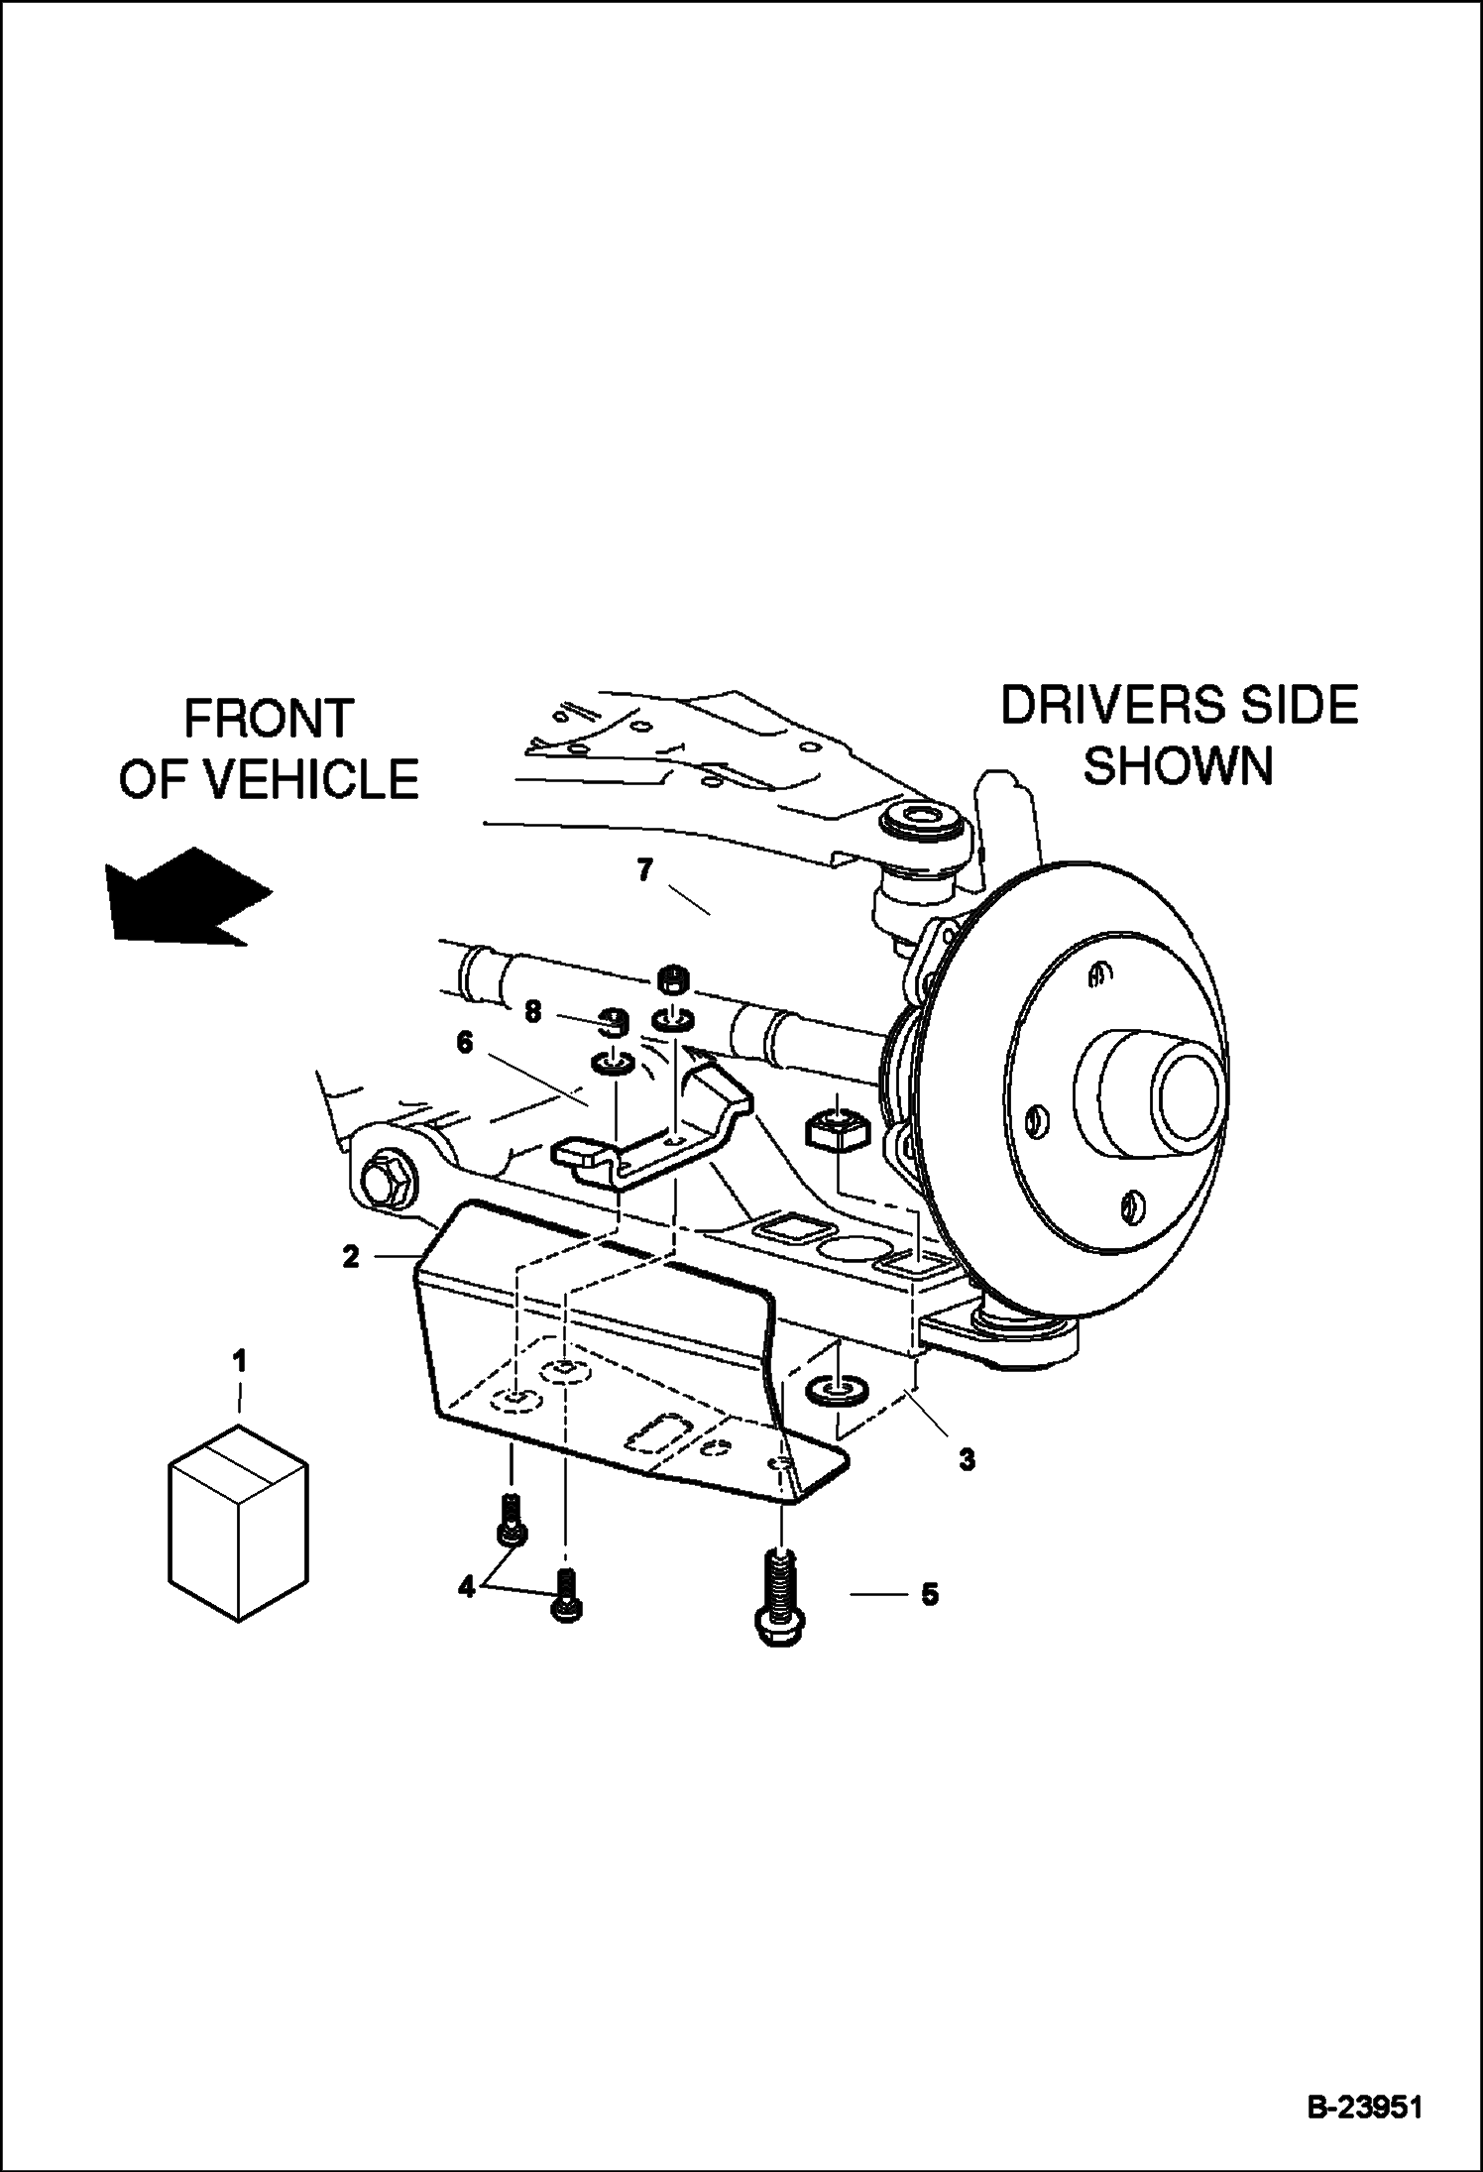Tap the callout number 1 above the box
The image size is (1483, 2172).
[239, 1361]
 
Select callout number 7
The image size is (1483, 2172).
[645, 870]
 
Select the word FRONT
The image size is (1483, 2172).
[269, 719]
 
